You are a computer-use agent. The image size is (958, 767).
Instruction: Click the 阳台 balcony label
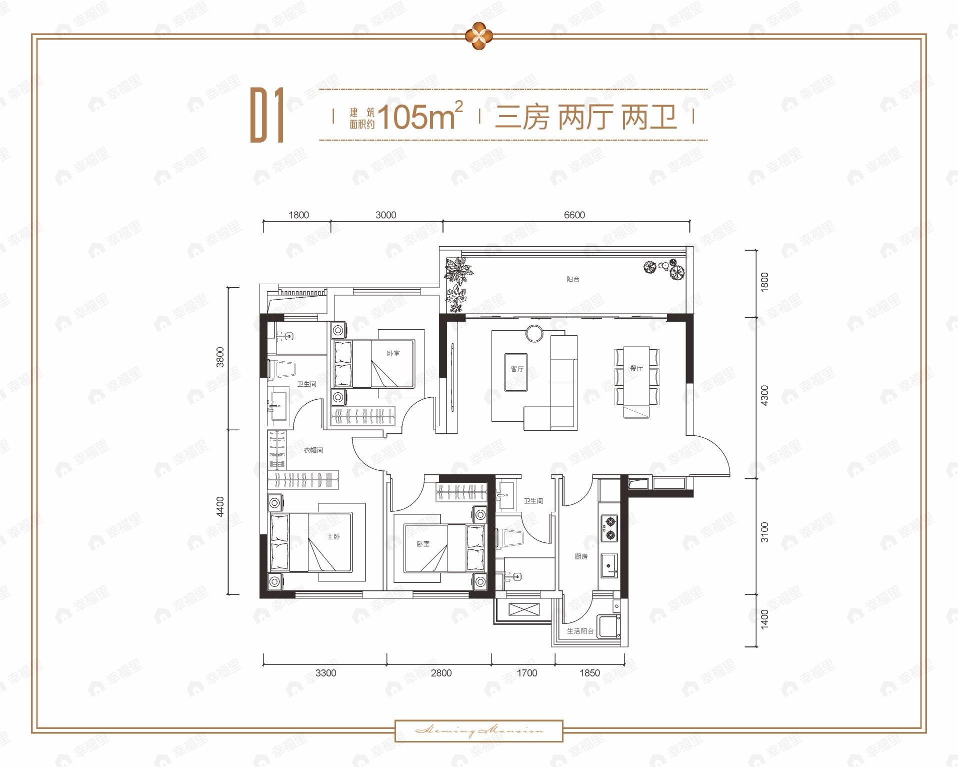(x=572, y=279)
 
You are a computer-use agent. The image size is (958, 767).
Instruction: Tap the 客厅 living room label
(x=517, y=369)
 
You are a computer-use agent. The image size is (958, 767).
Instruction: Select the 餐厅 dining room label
(x=636, y=368)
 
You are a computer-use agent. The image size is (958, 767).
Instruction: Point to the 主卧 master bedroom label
(x=333, y=536)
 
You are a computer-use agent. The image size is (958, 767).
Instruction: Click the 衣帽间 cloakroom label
(x=313, y=450)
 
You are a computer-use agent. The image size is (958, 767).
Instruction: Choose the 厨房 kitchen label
(x=580, y=556)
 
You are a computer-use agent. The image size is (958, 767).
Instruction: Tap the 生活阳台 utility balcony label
(x=580, y=631)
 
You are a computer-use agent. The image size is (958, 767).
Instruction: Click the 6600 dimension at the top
(x=574, y=215)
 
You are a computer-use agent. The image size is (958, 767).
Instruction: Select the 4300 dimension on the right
(x=763, y=395)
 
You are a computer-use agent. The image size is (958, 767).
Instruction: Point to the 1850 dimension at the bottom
(x=589, y=673)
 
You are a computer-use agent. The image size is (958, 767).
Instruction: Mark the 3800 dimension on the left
(x=220, y=357)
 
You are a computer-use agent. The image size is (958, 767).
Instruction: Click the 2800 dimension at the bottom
(x=441, y=673)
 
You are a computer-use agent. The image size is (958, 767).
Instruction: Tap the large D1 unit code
(x=267, y=116)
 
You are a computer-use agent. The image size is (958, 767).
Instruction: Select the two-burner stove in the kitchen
(x=610, y=528)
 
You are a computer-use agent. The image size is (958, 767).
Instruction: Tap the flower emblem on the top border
(x=479, y=36)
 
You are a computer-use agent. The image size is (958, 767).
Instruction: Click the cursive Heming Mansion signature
(x=479, y=731)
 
